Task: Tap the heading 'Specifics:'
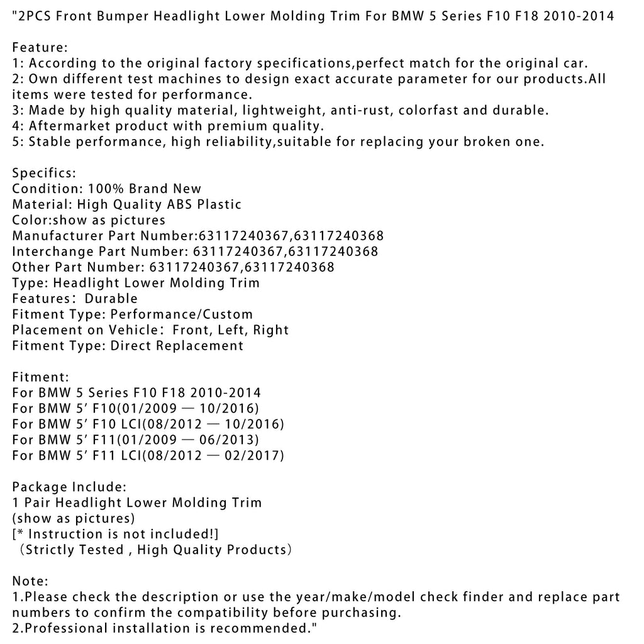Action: tap(44, 173)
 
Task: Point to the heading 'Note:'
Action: tap(30, 581)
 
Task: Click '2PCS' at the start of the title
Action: tap(36, 16)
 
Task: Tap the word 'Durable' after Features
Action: tap(111, 299)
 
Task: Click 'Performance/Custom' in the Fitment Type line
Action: tap(182, 314)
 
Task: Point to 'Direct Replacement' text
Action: tap(177, 346)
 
